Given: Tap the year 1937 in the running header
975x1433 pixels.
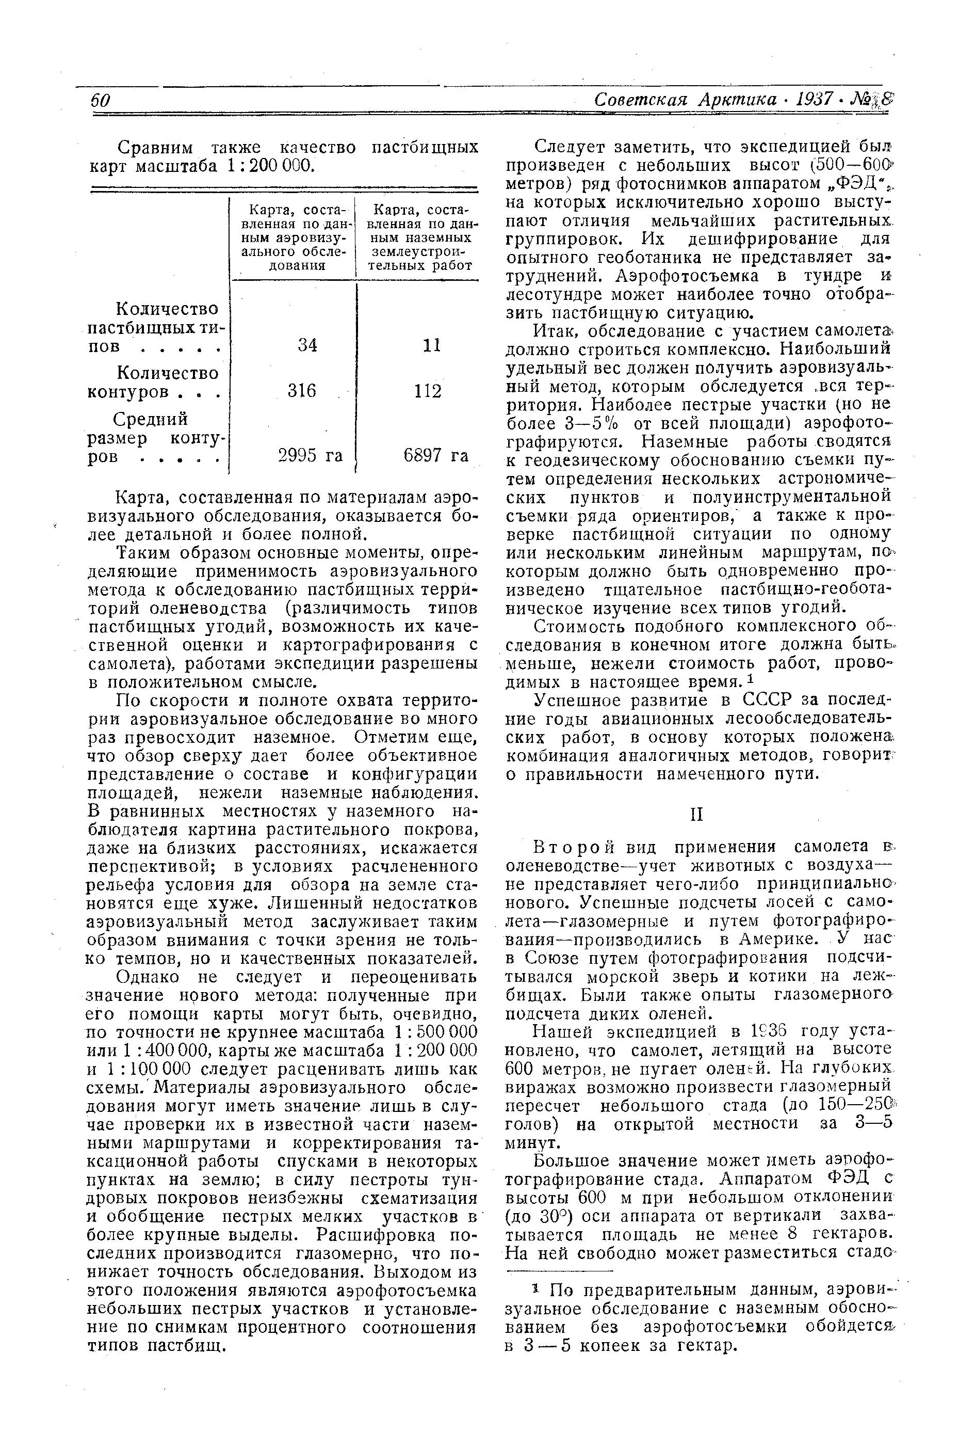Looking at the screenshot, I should click(x=815, y=100).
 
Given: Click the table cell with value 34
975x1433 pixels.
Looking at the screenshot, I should click(x=307, y=345).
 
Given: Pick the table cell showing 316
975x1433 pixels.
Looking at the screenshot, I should click(x=302, y=391).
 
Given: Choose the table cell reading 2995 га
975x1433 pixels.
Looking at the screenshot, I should click(x=310, y=455).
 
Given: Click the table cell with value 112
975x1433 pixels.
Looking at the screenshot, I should click(x=428, y=391).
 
